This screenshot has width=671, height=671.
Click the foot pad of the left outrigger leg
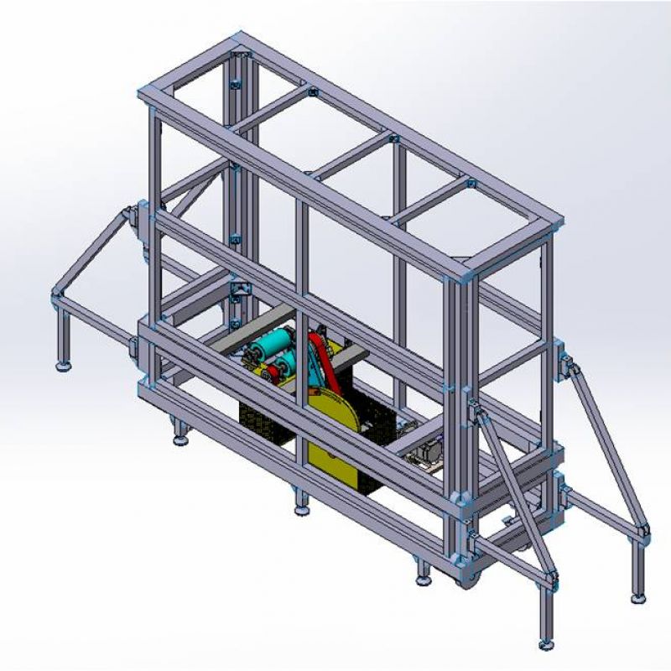(63, 366)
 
